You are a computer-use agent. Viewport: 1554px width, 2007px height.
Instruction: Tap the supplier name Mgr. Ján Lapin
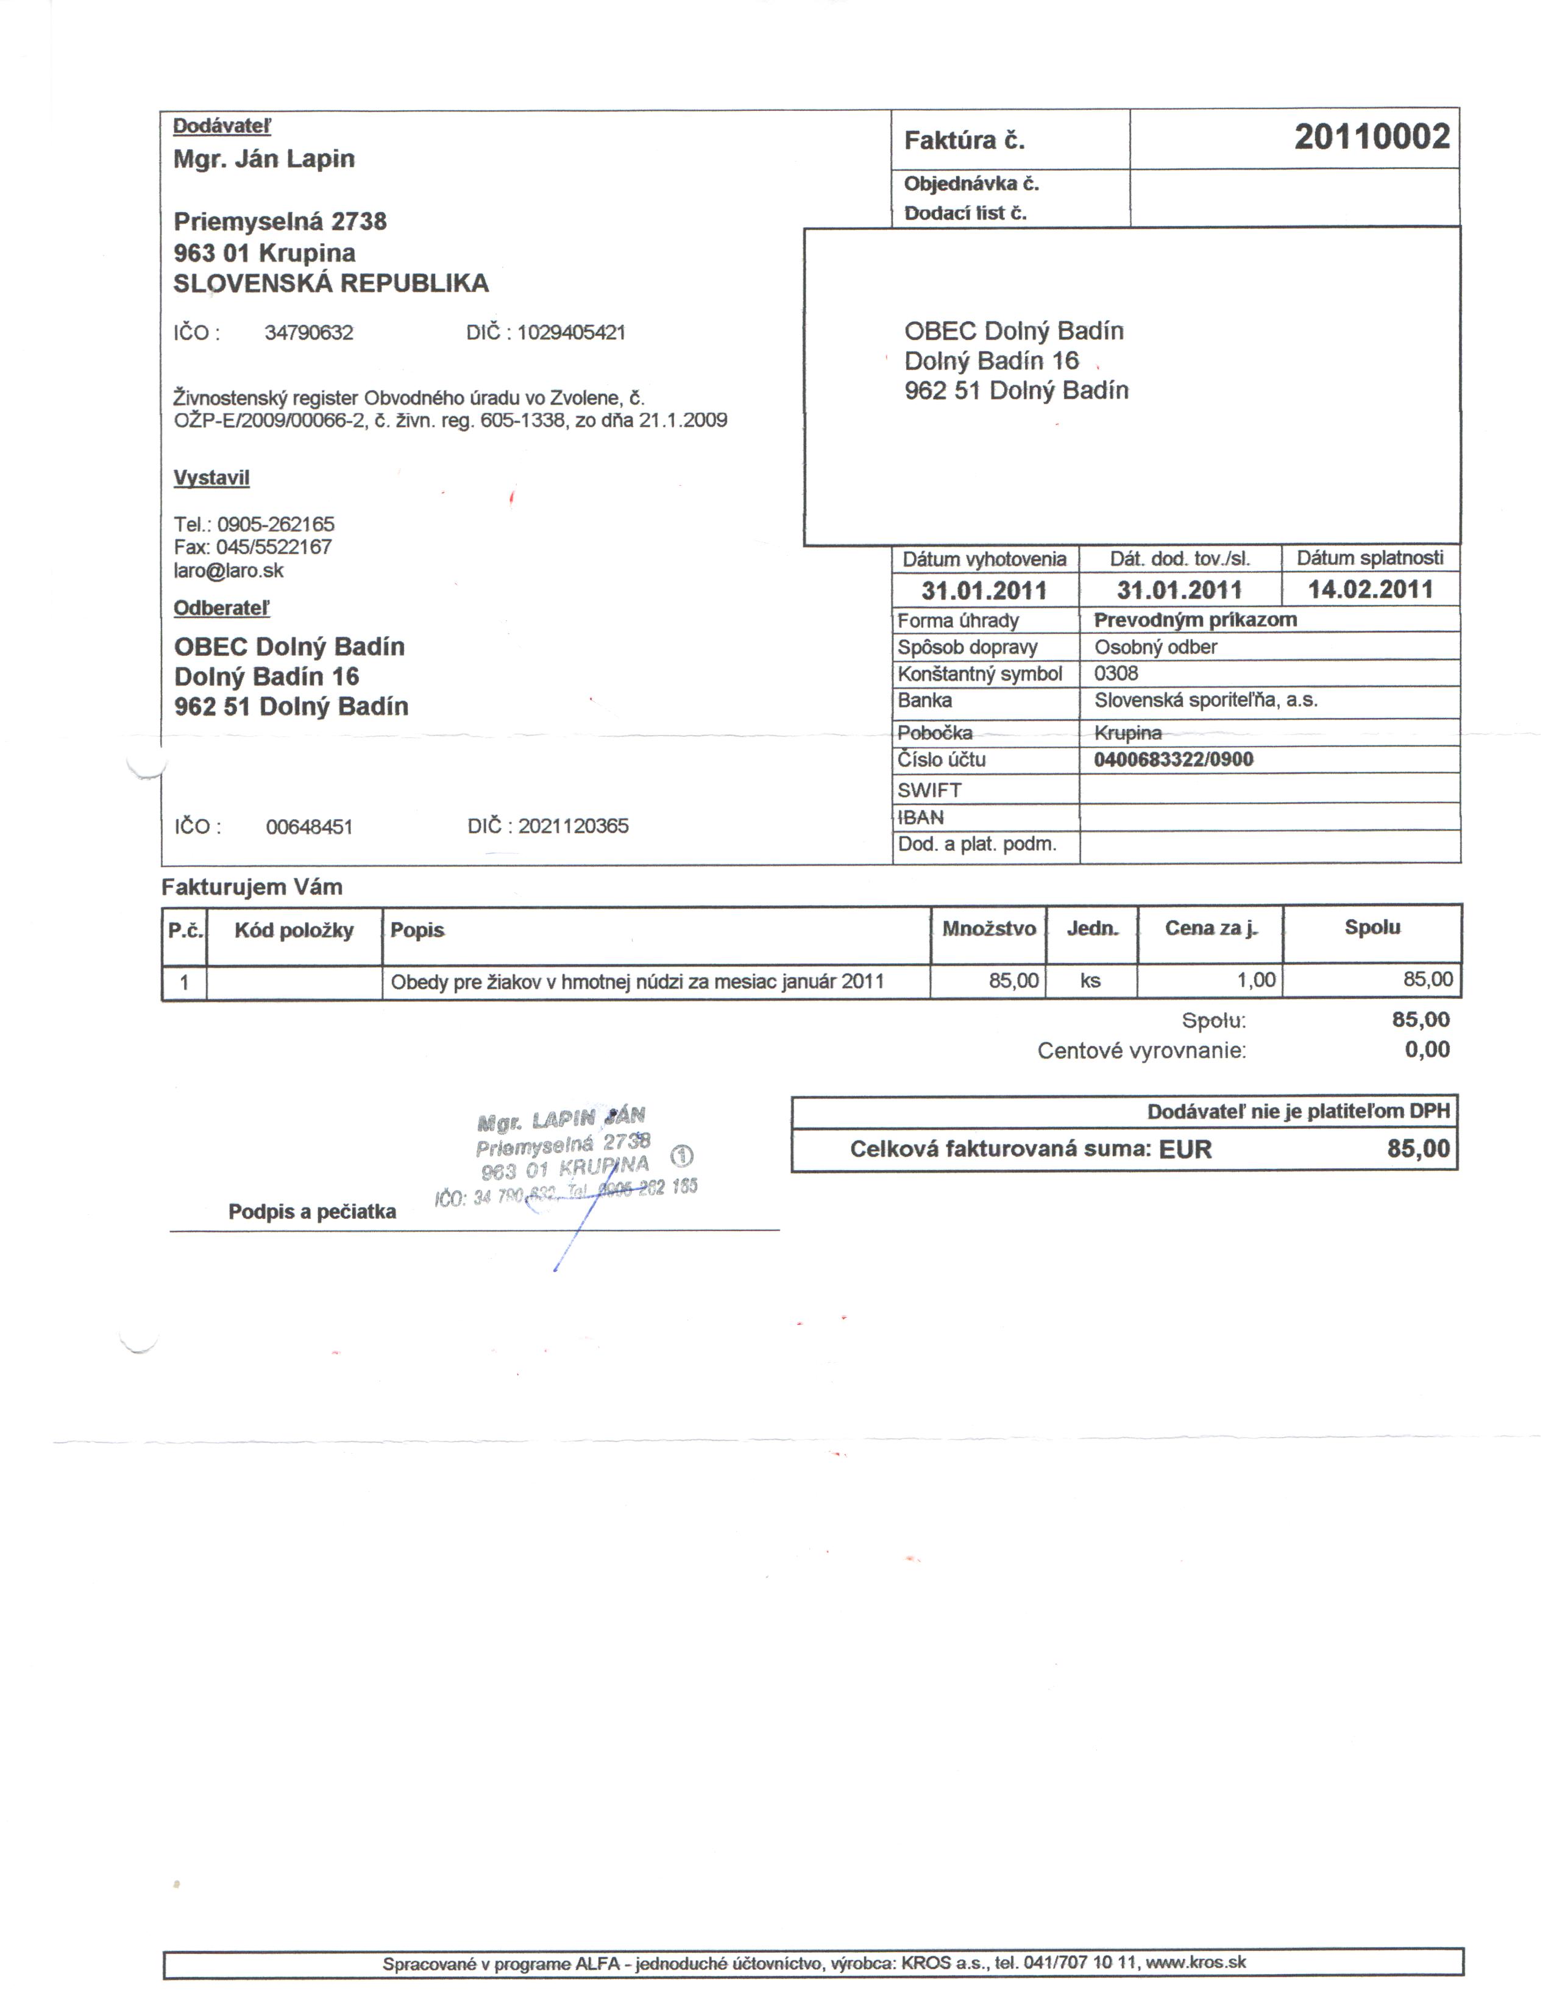click(264, 159)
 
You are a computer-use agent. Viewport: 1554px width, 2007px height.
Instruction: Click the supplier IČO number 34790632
click(309, 333)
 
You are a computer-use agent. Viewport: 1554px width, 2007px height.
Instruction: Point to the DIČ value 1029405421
click(570, 333)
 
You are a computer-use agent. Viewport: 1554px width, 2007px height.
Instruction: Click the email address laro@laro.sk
click(229, 570)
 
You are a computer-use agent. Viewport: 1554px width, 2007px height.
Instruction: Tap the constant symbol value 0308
click(1116, 673)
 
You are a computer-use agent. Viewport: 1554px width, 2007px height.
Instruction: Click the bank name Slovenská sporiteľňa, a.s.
click(1205, 700)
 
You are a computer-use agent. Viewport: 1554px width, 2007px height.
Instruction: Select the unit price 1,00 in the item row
click(1255, 981)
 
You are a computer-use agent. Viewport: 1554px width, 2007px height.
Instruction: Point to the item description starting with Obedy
click(637, 981)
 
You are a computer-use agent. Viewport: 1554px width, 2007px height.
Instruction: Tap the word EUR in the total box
click(1185, 1149)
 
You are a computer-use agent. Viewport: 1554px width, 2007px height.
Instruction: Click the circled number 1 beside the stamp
click(682, 1156)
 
